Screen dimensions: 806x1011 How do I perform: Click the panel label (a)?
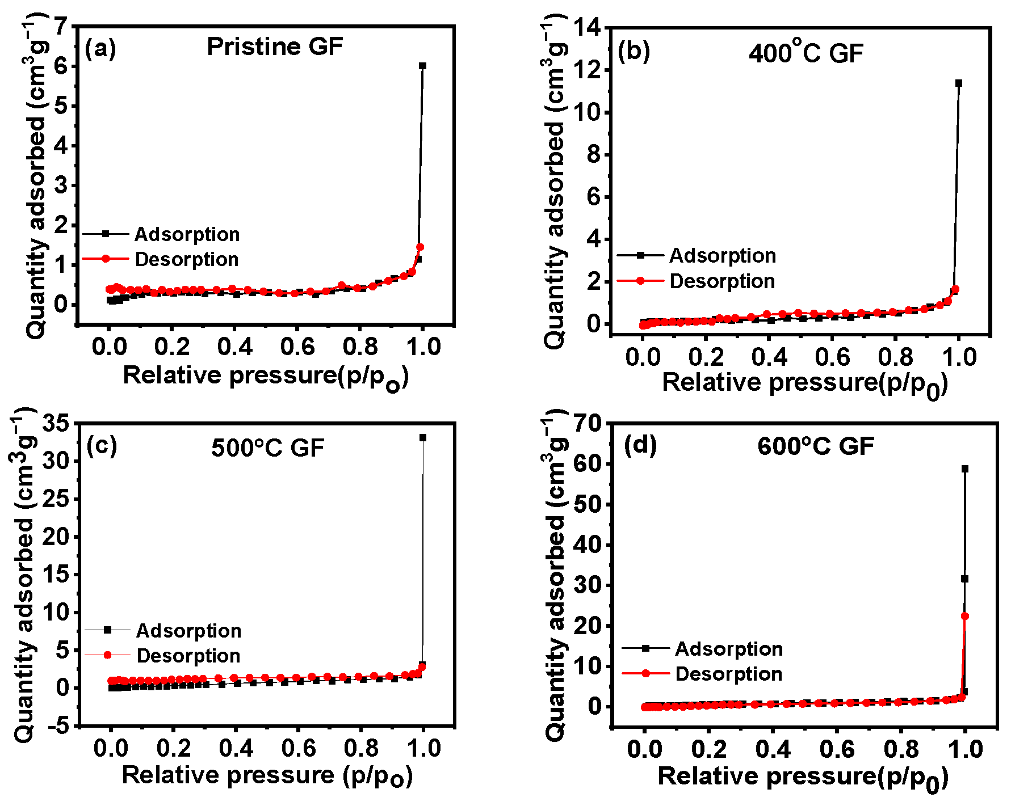tap(100, 49)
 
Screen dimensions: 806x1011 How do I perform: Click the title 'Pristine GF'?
tap(275, 47)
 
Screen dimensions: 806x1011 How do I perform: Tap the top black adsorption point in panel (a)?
tap(422, 66)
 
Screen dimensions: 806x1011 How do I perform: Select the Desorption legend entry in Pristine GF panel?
tap(187, 259)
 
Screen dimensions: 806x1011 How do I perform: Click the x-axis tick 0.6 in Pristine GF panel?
tap(298, 346)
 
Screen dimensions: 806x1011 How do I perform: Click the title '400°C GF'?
tap(806, 53)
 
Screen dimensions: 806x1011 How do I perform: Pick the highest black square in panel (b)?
tap(959, 83)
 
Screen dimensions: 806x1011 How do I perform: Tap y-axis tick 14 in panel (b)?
tap(589, 28)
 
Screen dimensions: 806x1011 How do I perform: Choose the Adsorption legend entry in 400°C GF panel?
tap(722, 256)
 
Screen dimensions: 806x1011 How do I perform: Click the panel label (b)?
tap(634, 52)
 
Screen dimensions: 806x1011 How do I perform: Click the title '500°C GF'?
tap(267, 448)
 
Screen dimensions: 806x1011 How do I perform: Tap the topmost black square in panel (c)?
tap(423, 437)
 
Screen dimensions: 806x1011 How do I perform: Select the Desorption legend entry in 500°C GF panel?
tap(188, 656)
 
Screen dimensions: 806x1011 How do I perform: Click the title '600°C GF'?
tap(816, 446)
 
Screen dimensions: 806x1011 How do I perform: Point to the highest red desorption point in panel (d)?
tap(964, 616)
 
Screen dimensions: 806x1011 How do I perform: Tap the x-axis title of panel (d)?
tap(803, 777)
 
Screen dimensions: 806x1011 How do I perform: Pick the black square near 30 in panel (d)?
tap(964, 579)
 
